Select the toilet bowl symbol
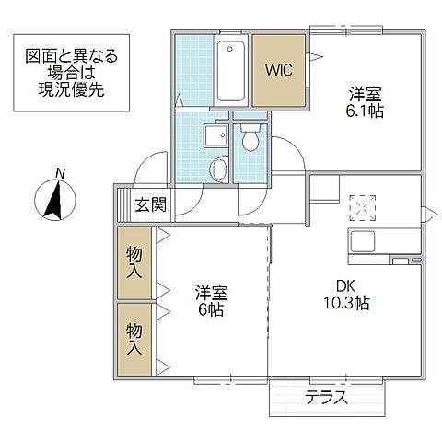(x=249, y=140)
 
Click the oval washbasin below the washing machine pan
(x=216, y=169)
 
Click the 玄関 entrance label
(x=150, y=204)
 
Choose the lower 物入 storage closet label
(x=134, y=337)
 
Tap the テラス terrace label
(x=326, y=398)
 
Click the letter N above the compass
(x=59, y=172)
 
